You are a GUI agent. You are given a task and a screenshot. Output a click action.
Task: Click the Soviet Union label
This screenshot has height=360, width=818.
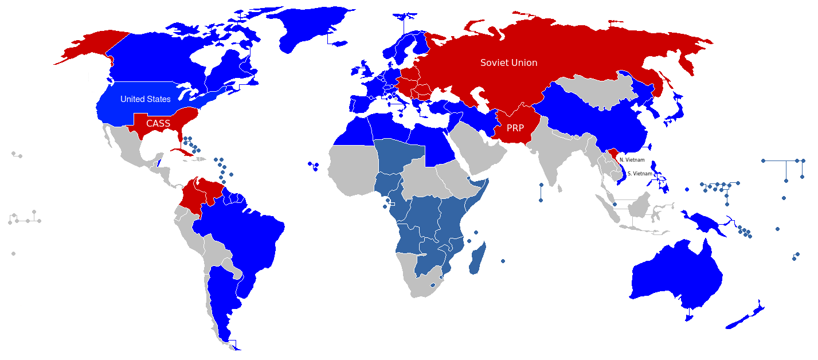[x=508, y=62]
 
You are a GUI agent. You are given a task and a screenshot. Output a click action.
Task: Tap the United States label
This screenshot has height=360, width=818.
[x=145, y=99]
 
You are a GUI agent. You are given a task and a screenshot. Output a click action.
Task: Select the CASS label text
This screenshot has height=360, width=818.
[x=158, y=123]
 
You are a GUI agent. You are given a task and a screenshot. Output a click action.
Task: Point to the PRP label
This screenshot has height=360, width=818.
[x=515, y=128]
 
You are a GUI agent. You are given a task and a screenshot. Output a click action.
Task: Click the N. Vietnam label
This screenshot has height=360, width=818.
[x=632, y=160]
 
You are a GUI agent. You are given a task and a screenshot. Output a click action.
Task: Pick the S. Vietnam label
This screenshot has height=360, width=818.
[x=640, y=173]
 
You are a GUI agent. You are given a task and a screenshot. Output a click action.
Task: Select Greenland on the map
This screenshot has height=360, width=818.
[x=310, y=29]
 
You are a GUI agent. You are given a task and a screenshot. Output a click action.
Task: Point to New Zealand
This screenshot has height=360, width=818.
[x=745, y=318]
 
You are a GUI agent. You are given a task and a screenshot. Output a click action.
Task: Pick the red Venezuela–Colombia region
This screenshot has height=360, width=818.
[x=201, y=195]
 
